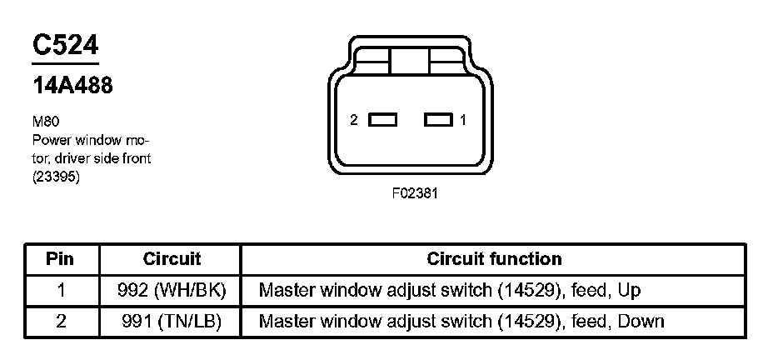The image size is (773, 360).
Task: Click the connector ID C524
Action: (66, 47)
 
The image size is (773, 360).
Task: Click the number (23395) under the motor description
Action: (57, 176)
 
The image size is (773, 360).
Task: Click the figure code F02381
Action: (416, 192)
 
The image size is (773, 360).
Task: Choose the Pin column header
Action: (59, 259)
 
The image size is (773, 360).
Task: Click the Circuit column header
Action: (172, 259)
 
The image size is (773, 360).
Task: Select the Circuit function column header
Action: (494, 259)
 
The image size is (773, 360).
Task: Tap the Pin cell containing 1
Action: (59, 290)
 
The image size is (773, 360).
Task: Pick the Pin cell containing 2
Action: (59, 321)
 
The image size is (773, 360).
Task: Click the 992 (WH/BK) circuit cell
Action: (172, 290)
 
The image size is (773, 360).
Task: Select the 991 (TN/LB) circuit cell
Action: (172, 321)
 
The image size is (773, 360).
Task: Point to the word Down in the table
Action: (641, 321)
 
